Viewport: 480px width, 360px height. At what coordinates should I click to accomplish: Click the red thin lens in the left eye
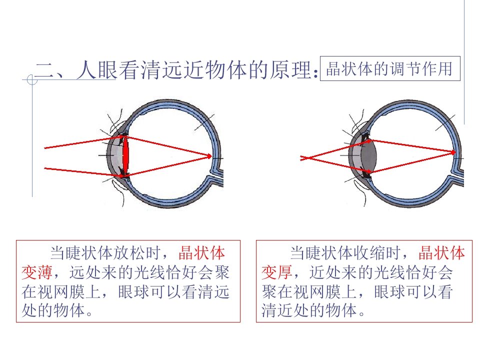125,156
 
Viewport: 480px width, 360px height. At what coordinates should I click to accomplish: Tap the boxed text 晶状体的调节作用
389,68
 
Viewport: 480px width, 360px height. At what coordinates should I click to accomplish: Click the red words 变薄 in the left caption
37,272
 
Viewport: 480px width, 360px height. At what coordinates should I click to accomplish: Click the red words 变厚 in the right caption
277,272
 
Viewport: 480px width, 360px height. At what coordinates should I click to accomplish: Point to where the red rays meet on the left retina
211,156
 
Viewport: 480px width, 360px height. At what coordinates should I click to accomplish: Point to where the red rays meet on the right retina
455,152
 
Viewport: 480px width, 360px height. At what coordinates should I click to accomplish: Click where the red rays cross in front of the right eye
306,158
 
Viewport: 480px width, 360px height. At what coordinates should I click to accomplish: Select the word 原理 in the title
291,70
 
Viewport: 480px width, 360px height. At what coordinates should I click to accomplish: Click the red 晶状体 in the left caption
201,253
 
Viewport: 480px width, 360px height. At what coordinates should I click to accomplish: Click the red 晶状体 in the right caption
441,253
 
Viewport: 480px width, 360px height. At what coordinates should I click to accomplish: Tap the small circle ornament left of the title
32,80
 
